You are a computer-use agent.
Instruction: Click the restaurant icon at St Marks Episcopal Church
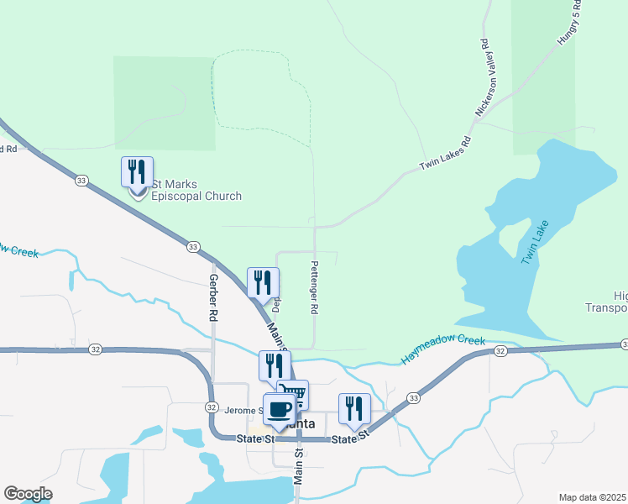coord(136,172)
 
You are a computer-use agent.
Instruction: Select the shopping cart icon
coord(293,395)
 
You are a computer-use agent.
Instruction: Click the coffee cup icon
coord(279,409)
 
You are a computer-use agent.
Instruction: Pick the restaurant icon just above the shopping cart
coord(275,366)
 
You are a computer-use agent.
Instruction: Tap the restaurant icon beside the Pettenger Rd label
coord(263,283)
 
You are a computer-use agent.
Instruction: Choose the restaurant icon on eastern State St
coord(354,409)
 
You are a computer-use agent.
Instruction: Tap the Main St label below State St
coord(297,465)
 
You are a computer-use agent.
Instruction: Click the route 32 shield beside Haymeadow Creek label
coord(500,351)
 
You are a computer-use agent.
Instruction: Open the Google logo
coord(28,494)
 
